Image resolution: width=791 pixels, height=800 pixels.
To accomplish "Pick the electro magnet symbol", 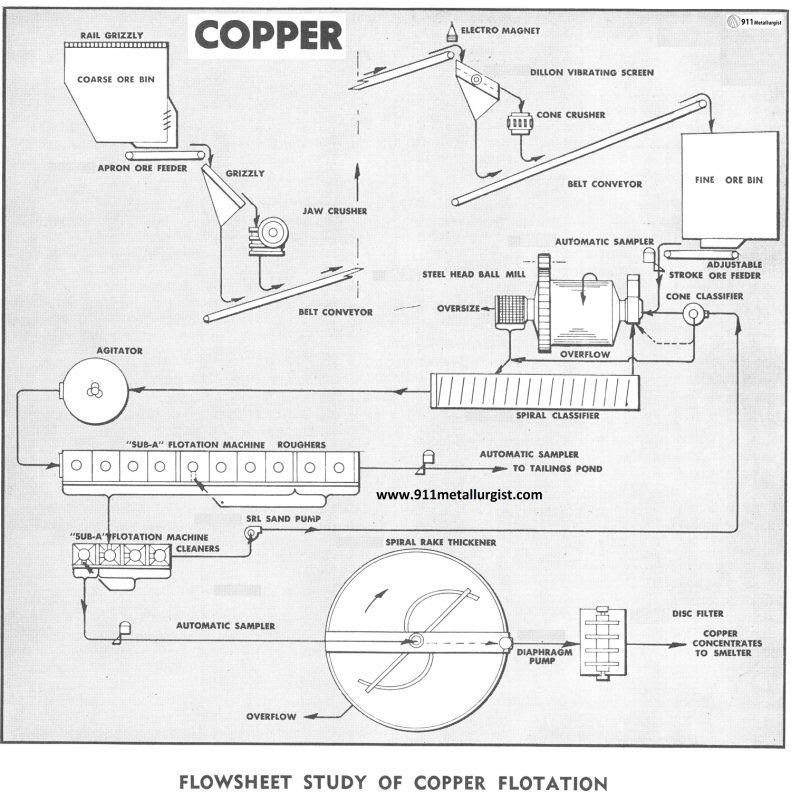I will point(451,32).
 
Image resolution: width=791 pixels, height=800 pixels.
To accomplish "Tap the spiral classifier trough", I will point(534,390).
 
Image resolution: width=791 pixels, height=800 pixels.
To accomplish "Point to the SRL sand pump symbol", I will point(251,535).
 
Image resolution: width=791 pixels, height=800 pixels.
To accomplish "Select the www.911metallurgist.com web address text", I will point(459,494).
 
